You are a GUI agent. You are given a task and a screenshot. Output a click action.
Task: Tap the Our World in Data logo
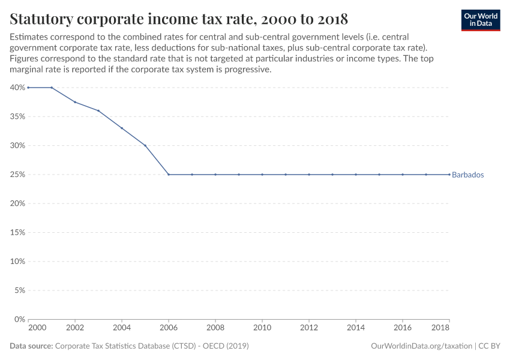pos(481,20)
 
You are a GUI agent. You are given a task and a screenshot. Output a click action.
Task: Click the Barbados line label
pos(467,175)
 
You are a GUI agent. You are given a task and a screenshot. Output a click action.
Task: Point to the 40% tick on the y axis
pos(17,88)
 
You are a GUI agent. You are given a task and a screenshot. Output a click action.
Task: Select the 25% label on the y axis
pos(17,175)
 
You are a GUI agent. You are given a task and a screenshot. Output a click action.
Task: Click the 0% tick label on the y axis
pos(19,319)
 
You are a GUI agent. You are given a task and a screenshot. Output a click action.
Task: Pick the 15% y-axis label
pos(17,232)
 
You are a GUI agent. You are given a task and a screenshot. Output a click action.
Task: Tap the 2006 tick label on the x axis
pos(169,328)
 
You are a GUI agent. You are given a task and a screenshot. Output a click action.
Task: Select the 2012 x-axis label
pos(309,328)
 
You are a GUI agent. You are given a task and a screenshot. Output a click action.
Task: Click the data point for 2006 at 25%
pos(169,175)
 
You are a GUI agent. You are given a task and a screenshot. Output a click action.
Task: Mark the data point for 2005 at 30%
pos(145,145)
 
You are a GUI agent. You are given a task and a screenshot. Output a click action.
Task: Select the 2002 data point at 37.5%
pos(75,102)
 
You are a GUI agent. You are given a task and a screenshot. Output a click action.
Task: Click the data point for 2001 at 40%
pos(52,88)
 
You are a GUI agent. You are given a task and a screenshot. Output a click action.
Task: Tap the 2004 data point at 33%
pos(122,128)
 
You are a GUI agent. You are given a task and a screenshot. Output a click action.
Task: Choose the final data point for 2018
pos(449,175)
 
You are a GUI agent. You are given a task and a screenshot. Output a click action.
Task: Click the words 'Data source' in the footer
pos(31,346)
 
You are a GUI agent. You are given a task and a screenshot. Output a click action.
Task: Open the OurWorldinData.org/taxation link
pos(421,346)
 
